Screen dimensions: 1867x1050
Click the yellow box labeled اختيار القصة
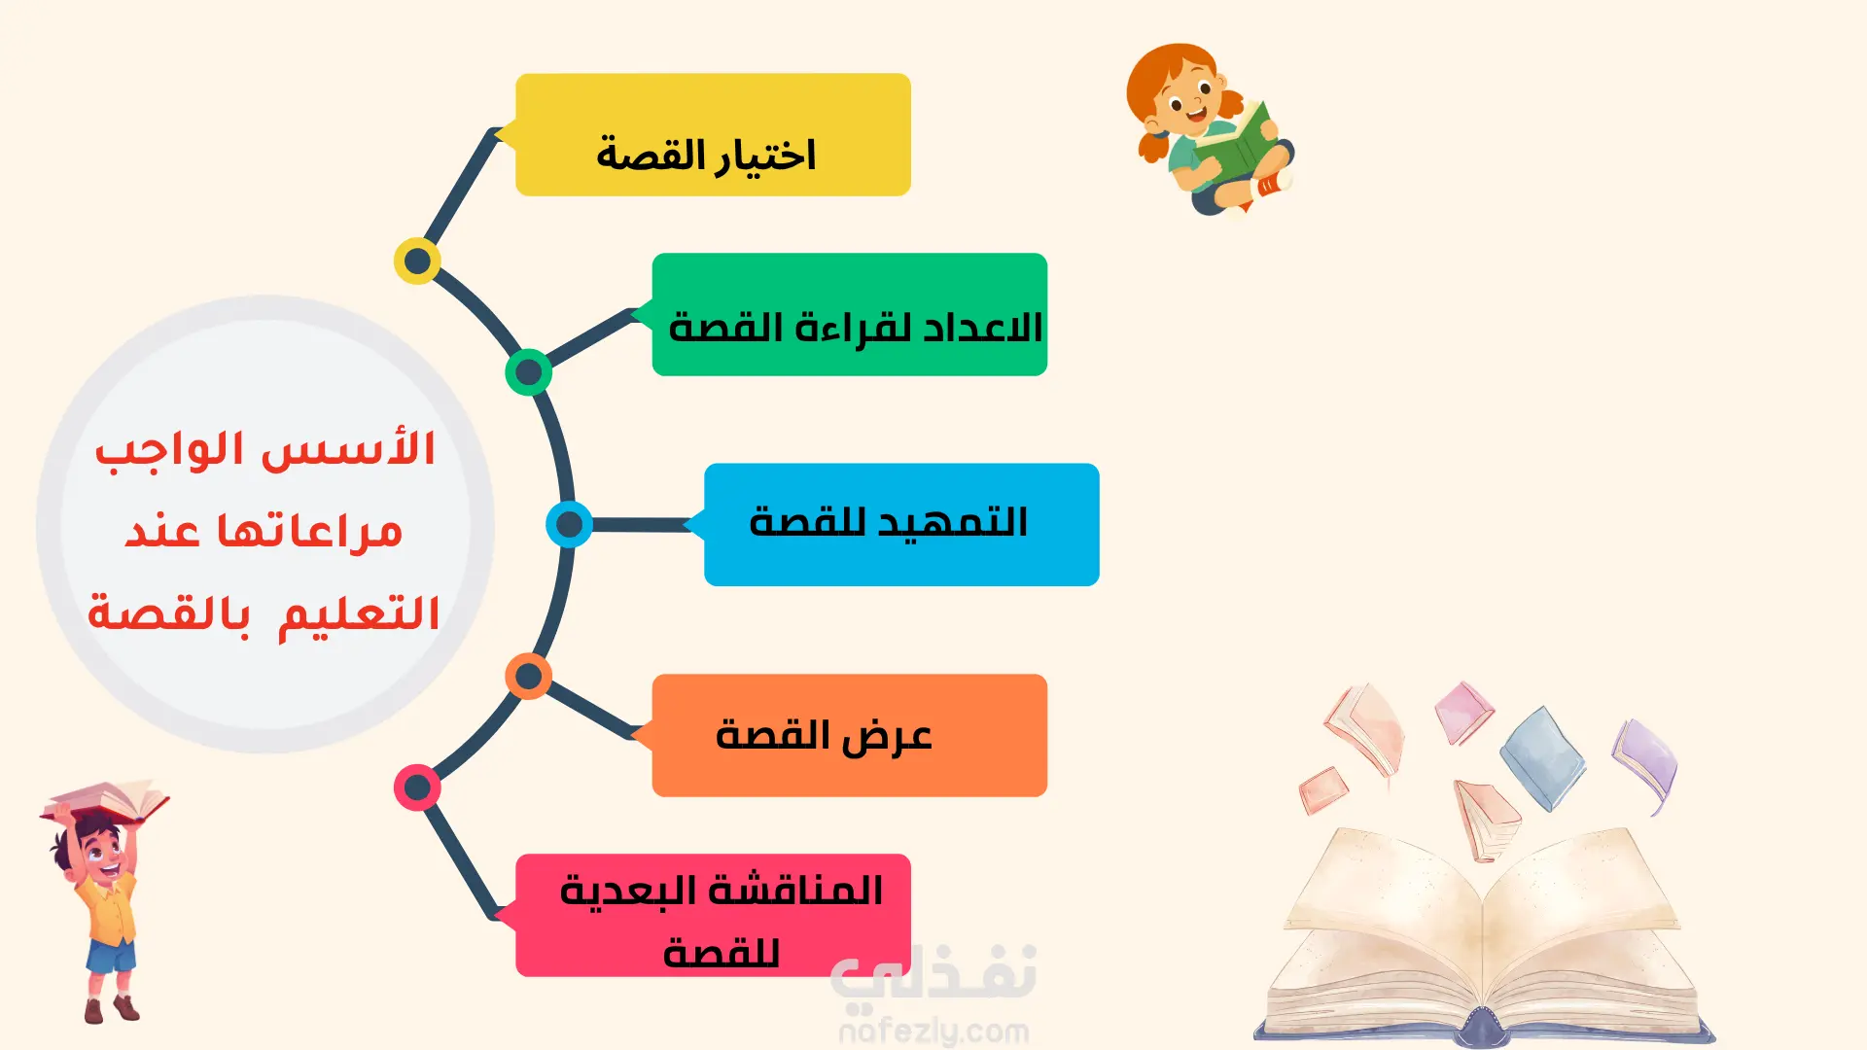713,135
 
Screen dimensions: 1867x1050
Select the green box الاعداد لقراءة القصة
850,314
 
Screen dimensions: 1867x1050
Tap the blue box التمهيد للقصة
901,525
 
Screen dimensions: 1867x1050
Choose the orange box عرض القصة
850,736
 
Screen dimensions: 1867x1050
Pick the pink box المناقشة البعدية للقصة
713,915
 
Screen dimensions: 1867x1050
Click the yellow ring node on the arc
417,261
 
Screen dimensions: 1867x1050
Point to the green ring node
529,371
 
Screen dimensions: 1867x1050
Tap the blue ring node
569,525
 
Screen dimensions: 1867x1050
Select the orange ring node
529,677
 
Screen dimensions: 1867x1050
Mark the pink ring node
417,787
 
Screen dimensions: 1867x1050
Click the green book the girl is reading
1236,146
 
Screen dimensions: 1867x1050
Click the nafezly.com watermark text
933,1031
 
